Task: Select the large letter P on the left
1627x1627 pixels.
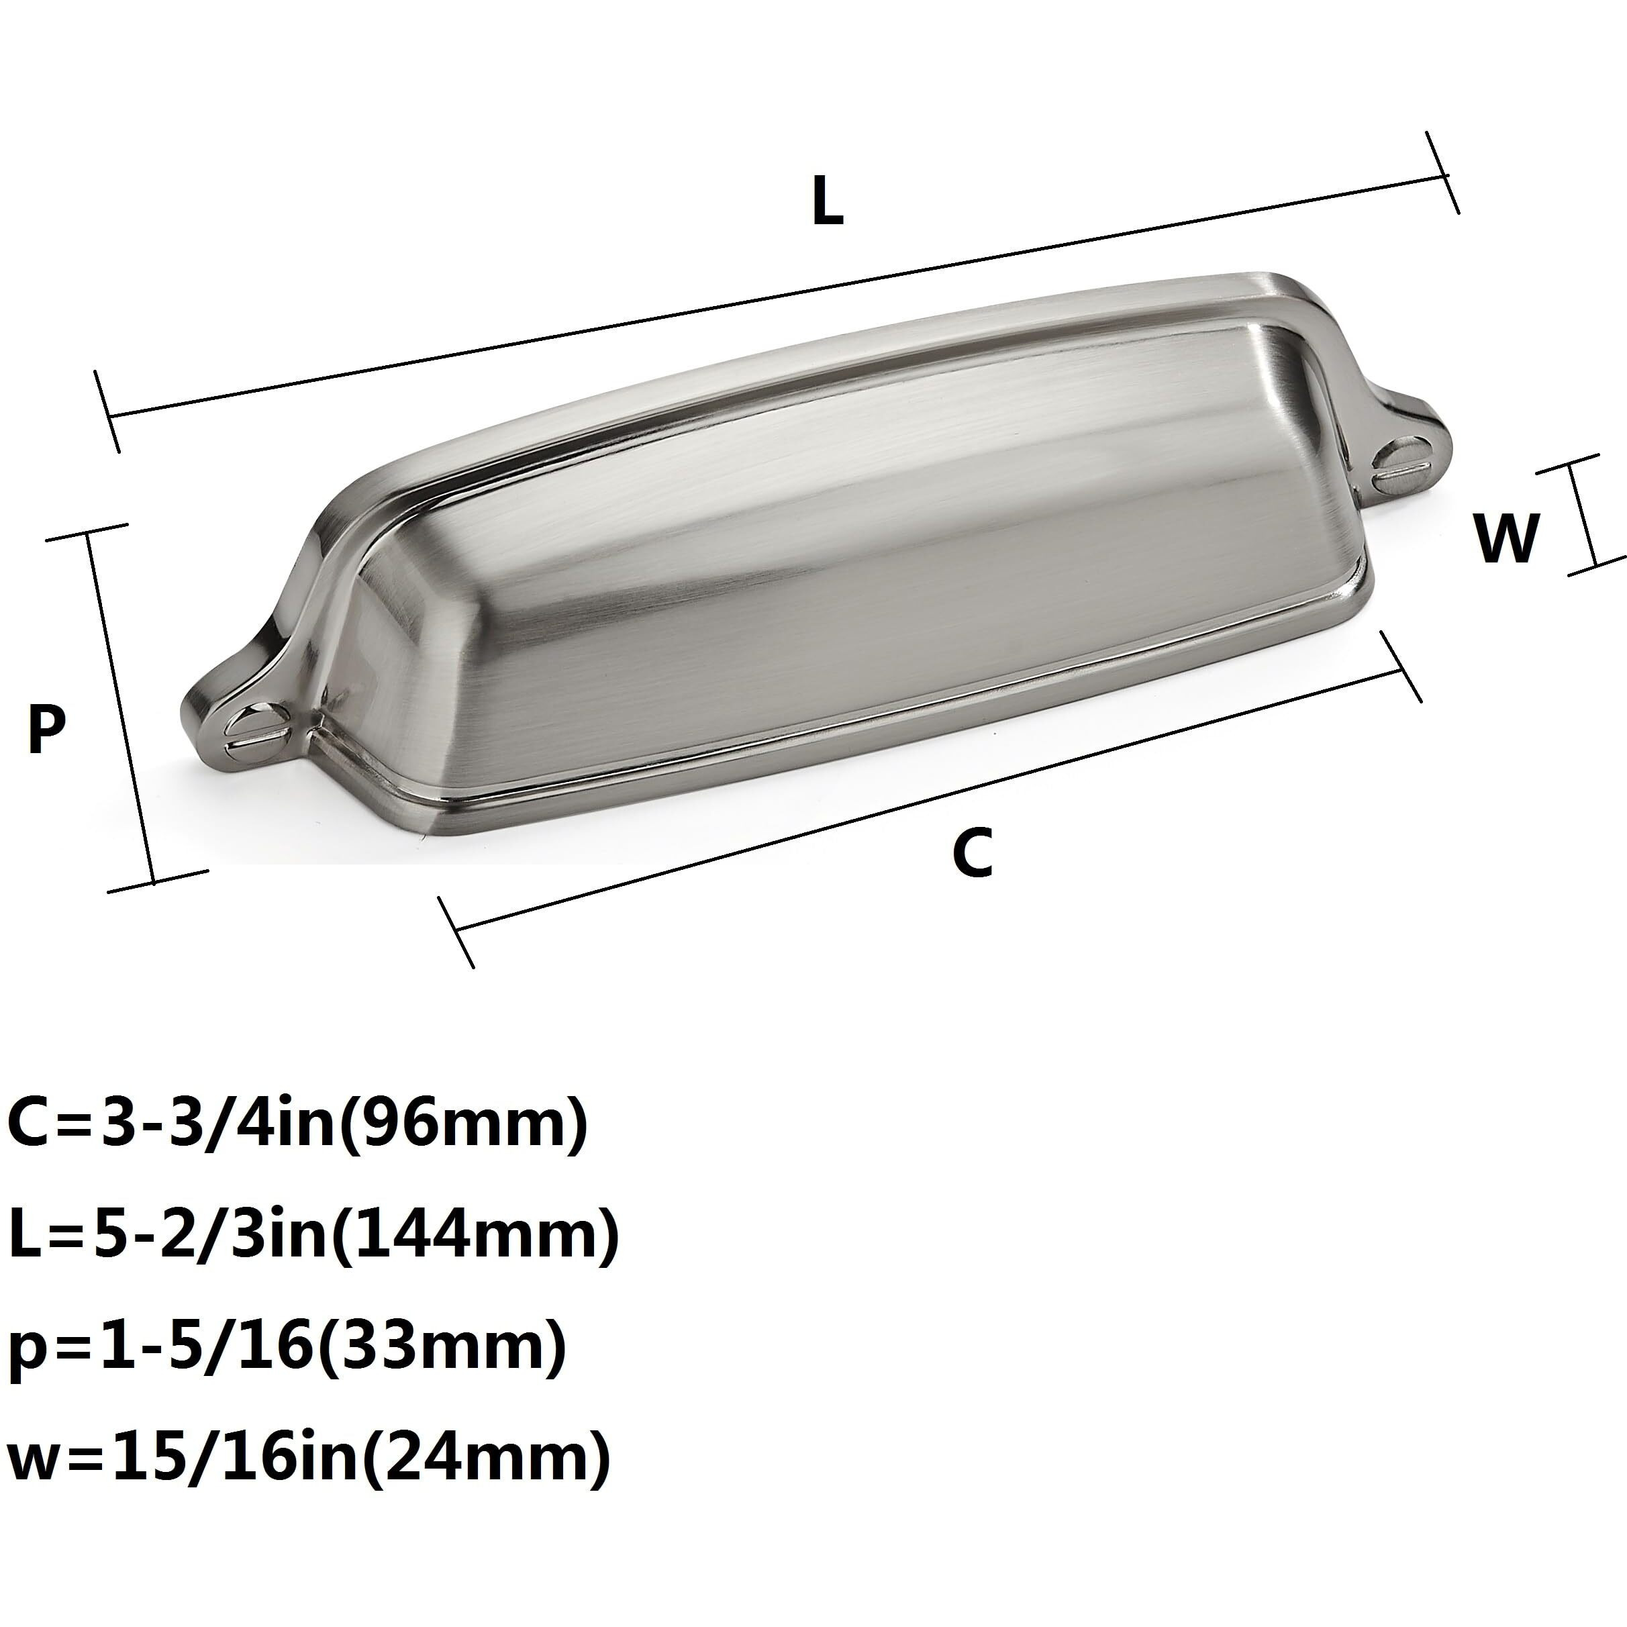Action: (x=46, y=730)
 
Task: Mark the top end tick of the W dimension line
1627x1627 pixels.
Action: (x=1571, y=465)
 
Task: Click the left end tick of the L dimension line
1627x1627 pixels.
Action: (x=109, y=413)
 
